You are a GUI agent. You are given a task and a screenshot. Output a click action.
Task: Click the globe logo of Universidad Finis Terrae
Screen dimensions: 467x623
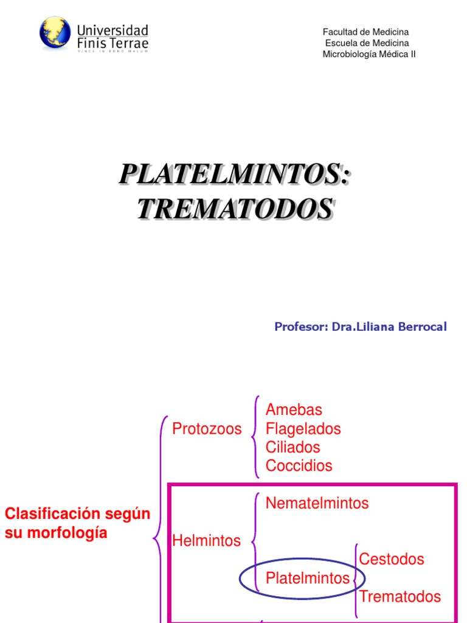[x=55, y=32]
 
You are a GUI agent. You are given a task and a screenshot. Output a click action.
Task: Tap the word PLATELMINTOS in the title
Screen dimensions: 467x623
[x=235, y=174]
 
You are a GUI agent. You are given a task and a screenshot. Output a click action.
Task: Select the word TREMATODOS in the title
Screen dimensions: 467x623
[x=235, y=209]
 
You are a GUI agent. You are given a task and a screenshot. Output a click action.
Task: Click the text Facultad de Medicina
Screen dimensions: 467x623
[x=365, y=32]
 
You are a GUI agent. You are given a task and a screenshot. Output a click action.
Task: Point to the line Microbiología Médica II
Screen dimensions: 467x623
[x=369, y=54]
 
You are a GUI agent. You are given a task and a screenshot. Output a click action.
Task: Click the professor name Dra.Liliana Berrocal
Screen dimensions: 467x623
[x=389, y=327]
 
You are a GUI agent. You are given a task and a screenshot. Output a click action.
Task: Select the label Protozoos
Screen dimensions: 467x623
[x=207, y=428]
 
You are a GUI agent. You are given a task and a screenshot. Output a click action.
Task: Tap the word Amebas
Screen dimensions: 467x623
[x=294, y=410]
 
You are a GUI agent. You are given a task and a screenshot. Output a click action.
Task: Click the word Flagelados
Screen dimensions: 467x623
[x=303, y=428]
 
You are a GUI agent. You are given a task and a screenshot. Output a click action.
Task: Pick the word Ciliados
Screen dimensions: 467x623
[x=292, y=447]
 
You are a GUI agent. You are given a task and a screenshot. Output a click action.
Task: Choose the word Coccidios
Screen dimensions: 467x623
[x=299, y=466]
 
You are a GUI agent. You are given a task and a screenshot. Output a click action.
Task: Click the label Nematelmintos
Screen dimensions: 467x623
[x=317, y=503]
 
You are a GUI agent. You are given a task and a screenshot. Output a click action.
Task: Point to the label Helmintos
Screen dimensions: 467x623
[x=206, y=540]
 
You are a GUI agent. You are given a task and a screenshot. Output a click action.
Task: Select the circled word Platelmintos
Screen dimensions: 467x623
[x=307, y=577]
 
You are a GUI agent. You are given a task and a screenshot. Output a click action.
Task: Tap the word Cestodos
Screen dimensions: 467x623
[x=392, y=559]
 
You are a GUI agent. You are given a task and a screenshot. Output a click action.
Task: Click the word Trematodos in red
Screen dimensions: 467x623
[x=400, y=596]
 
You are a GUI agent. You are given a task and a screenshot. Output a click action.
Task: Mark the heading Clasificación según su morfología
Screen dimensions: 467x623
[x=77, y=523]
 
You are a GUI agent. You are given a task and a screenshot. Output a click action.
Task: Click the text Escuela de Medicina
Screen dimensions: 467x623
[x=367, y=43]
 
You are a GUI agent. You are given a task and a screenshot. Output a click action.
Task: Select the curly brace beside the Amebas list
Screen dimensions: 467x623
[x=256, y=437]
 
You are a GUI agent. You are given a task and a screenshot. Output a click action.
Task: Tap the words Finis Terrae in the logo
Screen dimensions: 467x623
[x=112, y=43]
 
